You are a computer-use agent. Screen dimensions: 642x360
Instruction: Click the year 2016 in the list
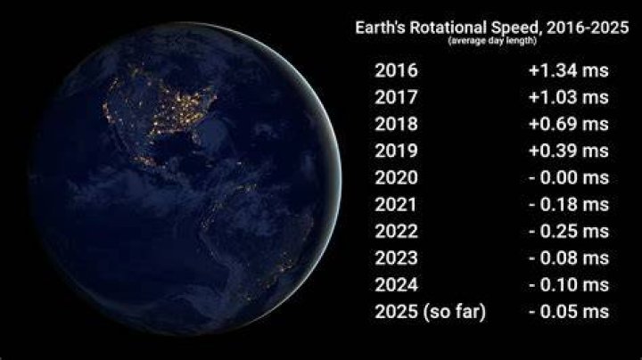click(x=396, y=70)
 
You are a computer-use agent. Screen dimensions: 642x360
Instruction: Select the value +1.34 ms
click(x=569, y=70)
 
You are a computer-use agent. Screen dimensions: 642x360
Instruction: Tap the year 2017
click(x=396, y=97)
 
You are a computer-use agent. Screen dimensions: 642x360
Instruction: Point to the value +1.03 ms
click(x=569, y=97)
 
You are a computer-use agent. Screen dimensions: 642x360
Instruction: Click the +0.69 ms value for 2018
click(x=569, y=124)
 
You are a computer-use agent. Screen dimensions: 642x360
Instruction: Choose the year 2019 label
click(x=396, y=151)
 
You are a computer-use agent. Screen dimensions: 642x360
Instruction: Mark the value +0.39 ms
click(x=569, y=151)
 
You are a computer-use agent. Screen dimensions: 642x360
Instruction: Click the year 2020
click(x=396, y=177)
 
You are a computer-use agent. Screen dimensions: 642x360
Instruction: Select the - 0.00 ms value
click(x=569, y=177)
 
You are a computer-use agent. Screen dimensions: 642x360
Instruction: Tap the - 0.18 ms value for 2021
click(x=569, y=205)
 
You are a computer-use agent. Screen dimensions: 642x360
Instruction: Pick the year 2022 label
click(x=396, y=232)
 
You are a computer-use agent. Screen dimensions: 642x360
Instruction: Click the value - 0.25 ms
click(x=569, y=232)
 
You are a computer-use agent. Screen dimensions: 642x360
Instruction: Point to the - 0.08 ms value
click(x=569, y=258)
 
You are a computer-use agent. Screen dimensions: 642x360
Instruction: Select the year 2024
click(x=396, y=285)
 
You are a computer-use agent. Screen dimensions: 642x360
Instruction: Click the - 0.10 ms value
click(x=569, y=285)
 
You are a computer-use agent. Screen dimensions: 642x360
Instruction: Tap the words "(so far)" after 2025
click(x=455, y=312)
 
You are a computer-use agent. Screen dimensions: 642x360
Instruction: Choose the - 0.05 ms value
click(x=569, y=312)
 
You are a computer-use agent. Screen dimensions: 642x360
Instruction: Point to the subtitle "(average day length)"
click(x=492, y=41)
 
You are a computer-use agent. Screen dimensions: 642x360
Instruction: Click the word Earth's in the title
click(x=381, y=28)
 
